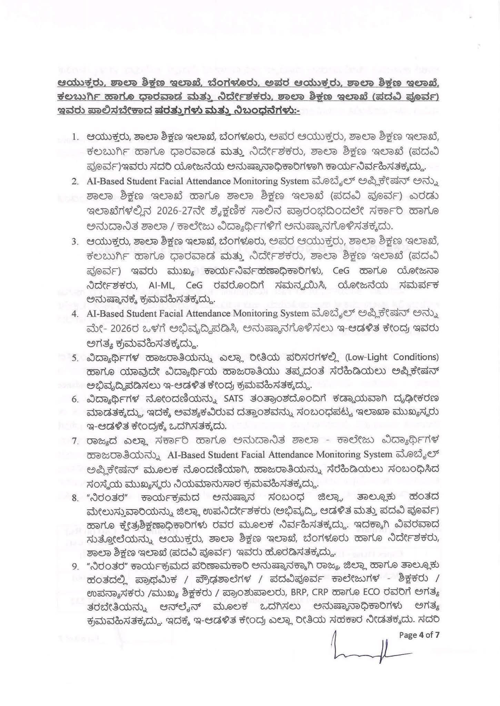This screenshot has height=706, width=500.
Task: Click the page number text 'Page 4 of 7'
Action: [x=419, y=635]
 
